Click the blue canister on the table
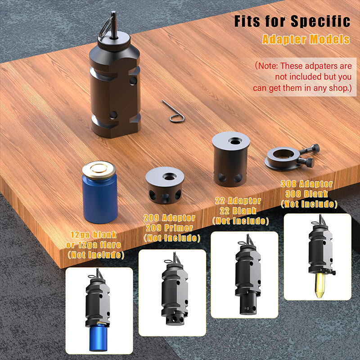(99, 193)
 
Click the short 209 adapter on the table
(165, 185)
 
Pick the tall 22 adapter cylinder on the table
(231, 159)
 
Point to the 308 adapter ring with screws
(292, 157)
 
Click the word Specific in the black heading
(320, 21)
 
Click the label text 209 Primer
(169, 228)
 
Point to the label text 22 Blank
(238, 211)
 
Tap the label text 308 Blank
(307, 194)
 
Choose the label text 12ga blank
(94, 234)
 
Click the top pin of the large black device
(114, 25)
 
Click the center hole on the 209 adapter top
(169, 176)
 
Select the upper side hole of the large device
(133, 81)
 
